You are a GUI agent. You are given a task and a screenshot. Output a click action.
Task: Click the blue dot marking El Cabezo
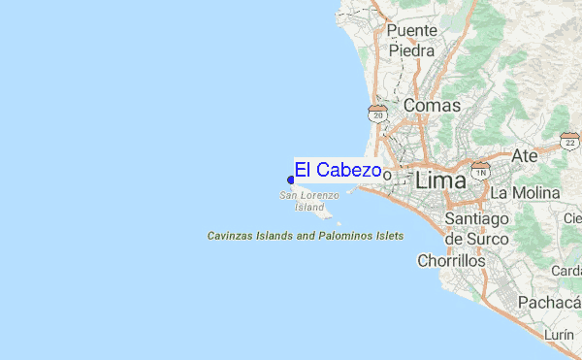click(291, 179)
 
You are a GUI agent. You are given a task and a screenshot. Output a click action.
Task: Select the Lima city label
click(439, 180)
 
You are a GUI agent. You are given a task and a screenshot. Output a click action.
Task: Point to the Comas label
click(431, 105)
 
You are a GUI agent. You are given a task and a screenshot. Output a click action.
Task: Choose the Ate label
click(524, 155)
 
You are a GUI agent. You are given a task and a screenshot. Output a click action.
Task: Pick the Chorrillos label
click(450, 260)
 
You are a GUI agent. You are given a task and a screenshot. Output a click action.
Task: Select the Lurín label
click(560, 334)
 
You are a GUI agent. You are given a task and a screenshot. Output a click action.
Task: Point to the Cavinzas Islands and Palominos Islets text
click(306, 236)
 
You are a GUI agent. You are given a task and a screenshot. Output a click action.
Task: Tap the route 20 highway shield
click(377, 115)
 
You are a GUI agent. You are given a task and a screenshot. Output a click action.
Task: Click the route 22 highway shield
click(569, 143)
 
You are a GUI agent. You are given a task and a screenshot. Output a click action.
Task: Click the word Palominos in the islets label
click(341, 236)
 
